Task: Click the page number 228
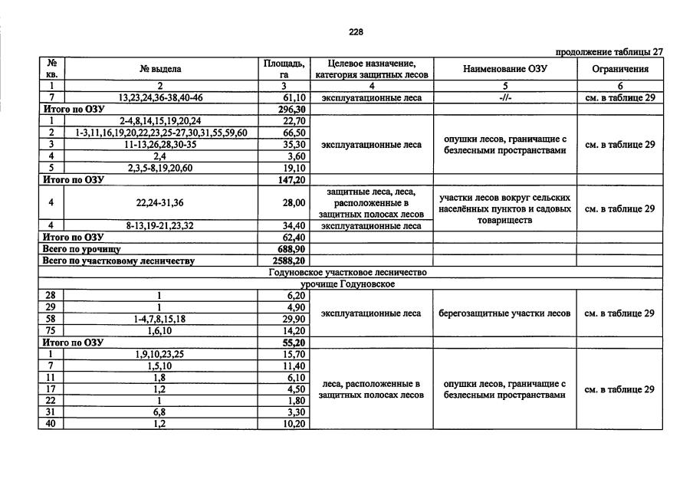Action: (x=356, y=32)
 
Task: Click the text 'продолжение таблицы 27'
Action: (x=609, y=52)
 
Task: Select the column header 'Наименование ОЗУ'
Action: (x=505, y=69)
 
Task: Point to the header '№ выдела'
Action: (x=161, y=69)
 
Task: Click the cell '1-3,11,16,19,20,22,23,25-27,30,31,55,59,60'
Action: (x=161, y=133)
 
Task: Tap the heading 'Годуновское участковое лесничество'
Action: (x=348, y=272)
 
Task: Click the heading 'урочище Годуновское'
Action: (x=348, y=284)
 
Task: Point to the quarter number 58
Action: (x=51, y=318)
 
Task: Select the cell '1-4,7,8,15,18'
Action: (x=161, y=318)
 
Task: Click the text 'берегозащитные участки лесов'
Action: (x=504, y=313)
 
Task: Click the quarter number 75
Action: (x=51, y=330)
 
